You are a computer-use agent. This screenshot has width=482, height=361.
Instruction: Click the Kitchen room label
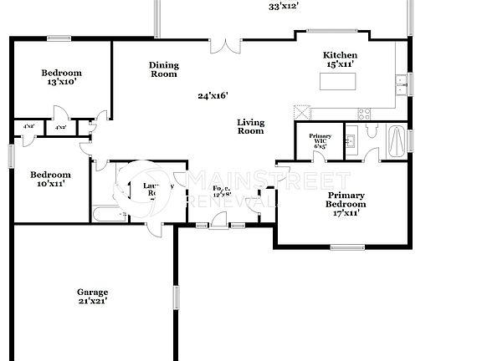340,56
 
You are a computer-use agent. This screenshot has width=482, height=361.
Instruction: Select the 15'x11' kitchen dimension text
340,64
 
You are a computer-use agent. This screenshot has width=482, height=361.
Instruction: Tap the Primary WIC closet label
319,141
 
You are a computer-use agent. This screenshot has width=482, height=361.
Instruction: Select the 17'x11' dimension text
346,213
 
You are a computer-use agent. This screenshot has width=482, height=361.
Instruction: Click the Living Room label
250,125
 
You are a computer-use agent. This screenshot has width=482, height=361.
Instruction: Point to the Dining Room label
163,69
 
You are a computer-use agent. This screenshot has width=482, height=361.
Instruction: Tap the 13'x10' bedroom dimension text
62,82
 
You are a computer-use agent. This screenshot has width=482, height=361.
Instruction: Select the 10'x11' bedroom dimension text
50,184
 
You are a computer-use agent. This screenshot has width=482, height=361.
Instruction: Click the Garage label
92,291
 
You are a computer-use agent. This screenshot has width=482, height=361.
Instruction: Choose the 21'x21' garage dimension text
92,301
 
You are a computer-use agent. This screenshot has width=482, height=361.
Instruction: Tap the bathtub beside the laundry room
109,215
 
